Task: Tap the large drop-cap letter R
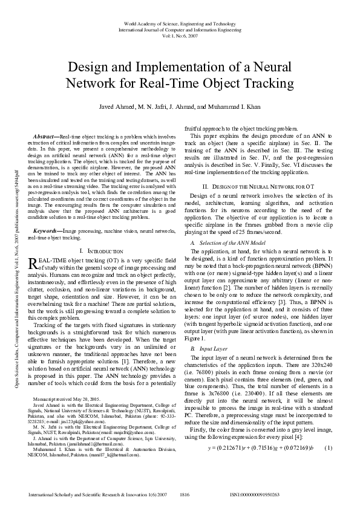click(x=33, y=247)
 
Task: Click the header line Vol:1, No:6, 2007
click(x=180, y=35)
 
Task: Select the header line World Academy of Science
click(x=180, y=23)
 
